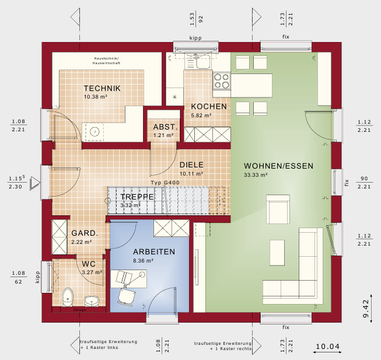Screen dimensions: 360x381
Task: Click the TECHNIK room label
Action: pos(102,88)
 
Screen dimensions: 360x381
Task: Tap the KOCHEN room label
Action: pos(209,107)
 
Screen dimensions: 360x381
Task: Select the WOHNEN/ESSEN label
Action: pos(278,166)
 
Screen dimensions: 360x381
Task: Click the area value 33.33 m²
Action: pos(256,174)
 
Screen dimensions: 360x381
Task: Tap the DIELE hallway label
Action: pos(191,165)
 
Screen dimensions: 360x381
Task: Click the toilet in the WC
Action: pos(67,296)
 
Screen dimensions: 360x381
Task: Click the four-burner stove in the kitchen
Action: pos(221,85)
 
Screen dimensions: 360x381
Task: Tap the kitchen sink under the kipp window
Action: pos(202,61)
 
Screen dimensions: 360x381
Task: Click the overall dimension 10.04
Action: pos(327,347)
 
